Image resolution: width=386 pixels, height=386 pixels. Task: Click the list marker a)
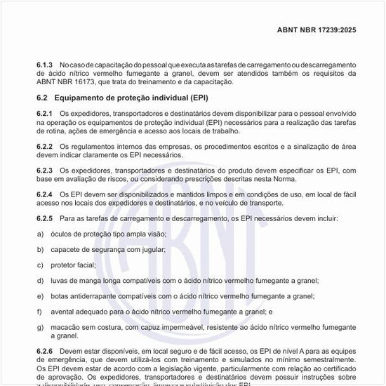point(40,234)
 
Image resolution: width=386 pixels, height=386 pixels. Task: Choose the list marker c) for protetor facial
point(40,265)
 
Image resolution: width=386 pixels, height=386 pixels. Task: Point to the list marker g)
point(40,327)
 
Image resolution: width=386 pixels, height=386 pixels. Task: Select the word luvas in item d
point(60,280)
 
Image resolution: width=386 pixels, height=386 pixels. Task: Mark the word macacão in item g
point(67,327)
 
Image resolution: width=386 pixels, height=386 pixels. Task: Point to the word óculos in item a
point(62,234)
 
